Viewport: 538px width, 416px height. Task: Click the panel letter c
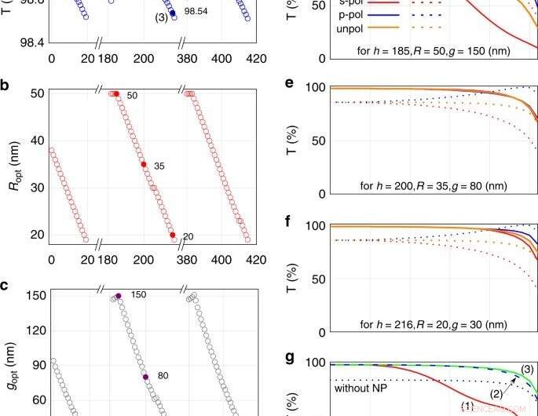coord(5,285)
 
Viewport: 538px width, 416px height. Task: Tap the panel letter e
coord(290,83)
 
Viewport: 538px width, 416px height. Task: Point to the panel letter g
coord(290,357)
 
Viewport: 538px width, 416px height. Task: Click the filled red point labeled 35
coord(143,164)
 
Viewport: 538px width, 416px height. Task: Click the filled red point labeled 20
coord(172,235)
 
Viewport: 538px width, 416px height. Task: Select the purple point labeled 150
coord(118,296)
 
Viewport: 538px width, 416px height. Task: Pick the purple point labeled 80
coord(145,377)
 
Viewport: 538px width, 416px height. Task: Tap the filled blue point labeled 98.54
coord(172,13)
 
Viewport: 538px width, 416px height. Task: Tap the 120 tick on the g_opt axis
coord(35,331)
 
